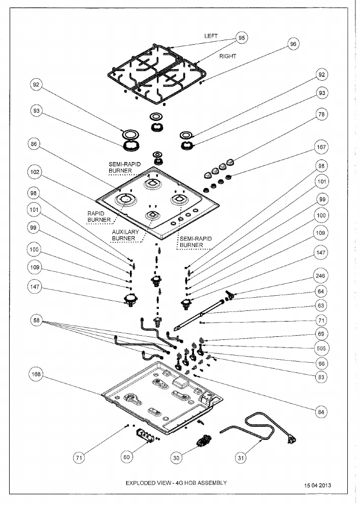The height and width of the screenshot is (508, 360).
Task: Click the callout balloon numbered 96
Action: point(293,44)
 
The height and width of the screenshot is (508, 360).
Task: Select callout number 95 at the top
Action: point(242,38)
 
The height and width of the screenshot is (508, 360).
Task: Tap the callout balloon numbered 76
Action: point(321,114)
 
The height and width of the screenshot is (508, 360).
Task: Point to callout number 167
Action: point(321,147)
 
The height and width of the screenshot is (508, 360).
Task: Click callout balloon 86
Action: point(34,144)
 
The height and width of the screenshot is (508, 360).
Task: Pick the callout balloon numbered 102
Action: point(35,172)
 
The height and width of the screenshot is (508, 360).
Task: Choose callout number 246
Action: point(320,276)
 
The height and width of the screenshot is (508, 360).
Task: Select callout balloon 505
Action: point(321,348)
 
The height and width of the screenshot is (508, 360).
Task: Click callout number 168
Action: point(36,374)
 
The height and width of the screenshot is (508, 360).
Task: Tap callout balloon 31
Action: point(241,458)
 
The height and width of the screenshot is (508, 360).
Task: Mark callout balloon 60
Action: point(126,457)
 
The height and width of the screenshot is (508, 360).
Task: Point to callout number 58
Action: point(36,321)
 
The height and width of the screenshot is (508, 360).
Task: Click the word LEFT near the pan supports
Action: point(211,36)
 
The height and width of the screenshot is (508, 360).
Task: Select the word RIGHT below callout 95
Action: point(227,56)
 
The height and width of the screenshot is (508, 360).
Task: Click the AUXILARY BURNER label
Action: point(125,235)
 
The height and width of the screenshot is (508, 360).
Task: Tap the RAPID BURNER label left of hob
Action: point(99,216)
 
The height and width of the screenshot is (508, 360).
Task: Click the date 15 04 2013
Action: point(317,485)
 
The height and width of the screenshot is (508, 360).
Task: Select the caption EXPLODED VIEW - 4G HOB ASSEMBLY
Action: point(176,483)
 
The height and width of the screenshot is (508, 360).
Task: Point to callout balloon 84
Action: point(321,412)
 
